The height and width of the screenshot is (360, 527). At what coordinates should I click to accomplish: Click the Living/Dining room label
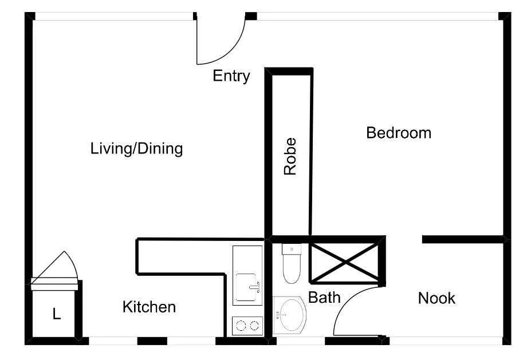pyautogui.click(x=136, y=149)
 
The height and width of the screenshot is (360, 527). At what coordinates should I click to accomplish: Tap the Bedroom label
pyautogui.click(x=399, y=133)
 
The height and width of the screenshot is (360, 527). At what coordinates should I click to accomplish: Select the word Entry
pyautogui.click(x=231, y=76)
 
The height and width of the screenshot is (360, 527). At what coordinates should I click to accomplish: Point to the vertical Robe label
pyautogui.click(x=291, y=156)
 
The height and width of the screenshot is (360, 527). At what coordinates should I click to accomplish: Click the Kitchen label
pyautogui.click(x=149, y=307)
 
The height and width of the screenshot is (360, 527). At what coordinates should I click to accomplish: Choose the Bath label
pyautogui.click(x=324, y=298)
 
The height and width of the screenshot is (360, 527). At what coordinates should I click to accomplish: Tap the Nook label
pyautogui.click(x=436, y=298)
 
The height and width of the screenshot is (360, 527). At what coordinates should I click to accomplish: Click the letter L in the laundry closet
pyautogui.click(x=56, y=314)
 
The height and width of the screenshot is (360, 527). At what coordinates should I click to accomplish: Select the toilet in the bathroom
pyautogui.click(x=291, y=264)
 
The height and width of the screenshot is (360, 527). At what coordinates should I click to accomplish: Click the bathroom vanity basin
pyautogui.click(x=290, y=315)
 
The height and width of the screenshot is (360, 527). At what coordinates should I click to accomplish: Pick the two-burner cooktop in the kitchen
pyautogui.click(x=247, y=326)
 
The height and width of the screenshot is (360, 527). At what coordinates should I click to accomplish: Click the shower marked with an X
pyautogui.click(x=345, y=262)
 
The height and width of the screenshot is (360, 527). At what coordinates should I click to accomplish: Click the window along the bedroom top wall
pyautogui.click(x=378, y=17)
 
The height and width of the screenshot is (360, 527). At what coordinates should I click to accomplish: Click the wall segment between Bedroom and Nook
pyautogui.click(x=463, y=239)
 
